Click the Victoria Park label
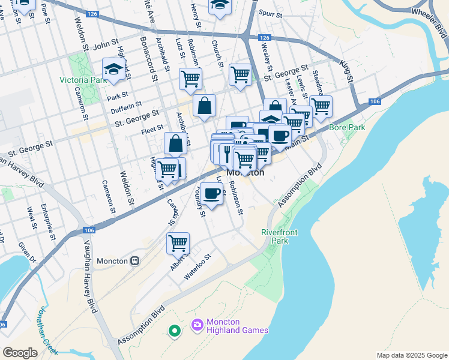tap(83, 80)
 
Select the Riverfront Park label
tap(275, 236)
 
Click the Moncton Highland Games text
tap(237, 326)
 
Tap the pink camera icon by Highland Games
tap(197, 326)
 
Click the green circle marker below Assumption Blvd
tap(175, 330)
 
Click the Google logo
tap(20, 352)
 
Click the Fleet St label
tap(152, 128)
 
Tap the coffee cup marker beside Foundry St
tap(211, 193)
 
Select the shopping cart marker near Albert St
tap(178, 244)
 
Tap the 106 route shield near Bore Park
tap(376, 101)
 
